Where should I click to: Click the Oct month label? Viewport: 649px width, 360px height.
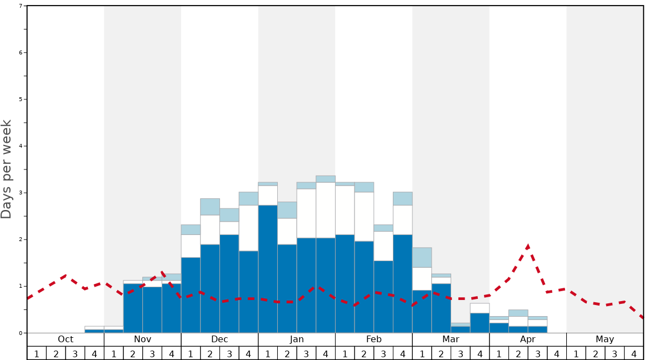coord(66,339)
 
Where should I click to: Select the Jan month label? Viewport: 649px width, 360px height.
coord(297,339)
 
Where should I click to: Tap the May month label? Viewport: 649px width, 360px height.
coord(605,339)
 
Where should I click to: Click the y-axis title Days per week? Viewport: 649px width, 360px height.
coord(7,169)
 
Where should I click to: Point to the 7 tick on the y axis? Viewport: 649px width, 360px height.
coord(21,6)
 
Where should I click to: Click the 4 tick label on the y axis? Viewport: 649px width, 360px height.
coord(21,146)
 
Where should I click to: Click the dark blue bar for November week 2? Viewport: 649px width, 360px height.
coord(133,308)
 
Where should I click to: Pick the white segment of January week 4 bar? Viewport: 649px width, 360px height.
coord(326,210)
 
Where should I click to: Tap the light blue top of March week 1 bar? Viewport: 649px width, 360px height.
coord(422,257)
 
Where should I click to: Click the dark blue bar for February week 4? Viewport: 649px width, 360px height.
coord(403,283)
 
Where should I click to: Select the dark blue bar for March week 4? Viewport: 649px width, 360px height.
coord(480,323)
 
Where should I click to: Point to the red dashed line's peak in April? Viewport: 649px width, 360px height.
coord(528,246)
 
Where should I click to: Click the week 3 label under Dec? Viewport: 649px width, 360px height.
coord(229,353)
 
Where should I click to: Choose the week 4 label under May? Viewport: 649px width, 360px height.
coord(633,353)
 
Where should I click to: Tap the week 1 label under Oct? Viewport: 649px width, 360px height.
coord(37,353)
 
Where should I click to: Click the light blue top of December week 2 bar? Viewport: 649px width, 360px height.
coord(210,207)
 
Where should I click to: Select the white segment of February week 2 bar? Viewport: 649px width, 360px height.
coord(364,217)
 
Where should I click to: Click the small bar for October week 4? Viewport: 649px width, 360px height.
coord(94,330)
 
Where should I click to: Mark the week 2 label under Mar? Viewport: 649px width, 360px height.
coord(441,353)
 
